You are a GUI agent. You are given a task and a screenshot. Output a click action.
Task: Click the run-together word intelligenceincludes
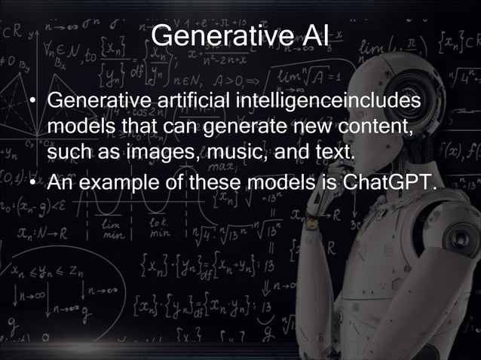(329, 100)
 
